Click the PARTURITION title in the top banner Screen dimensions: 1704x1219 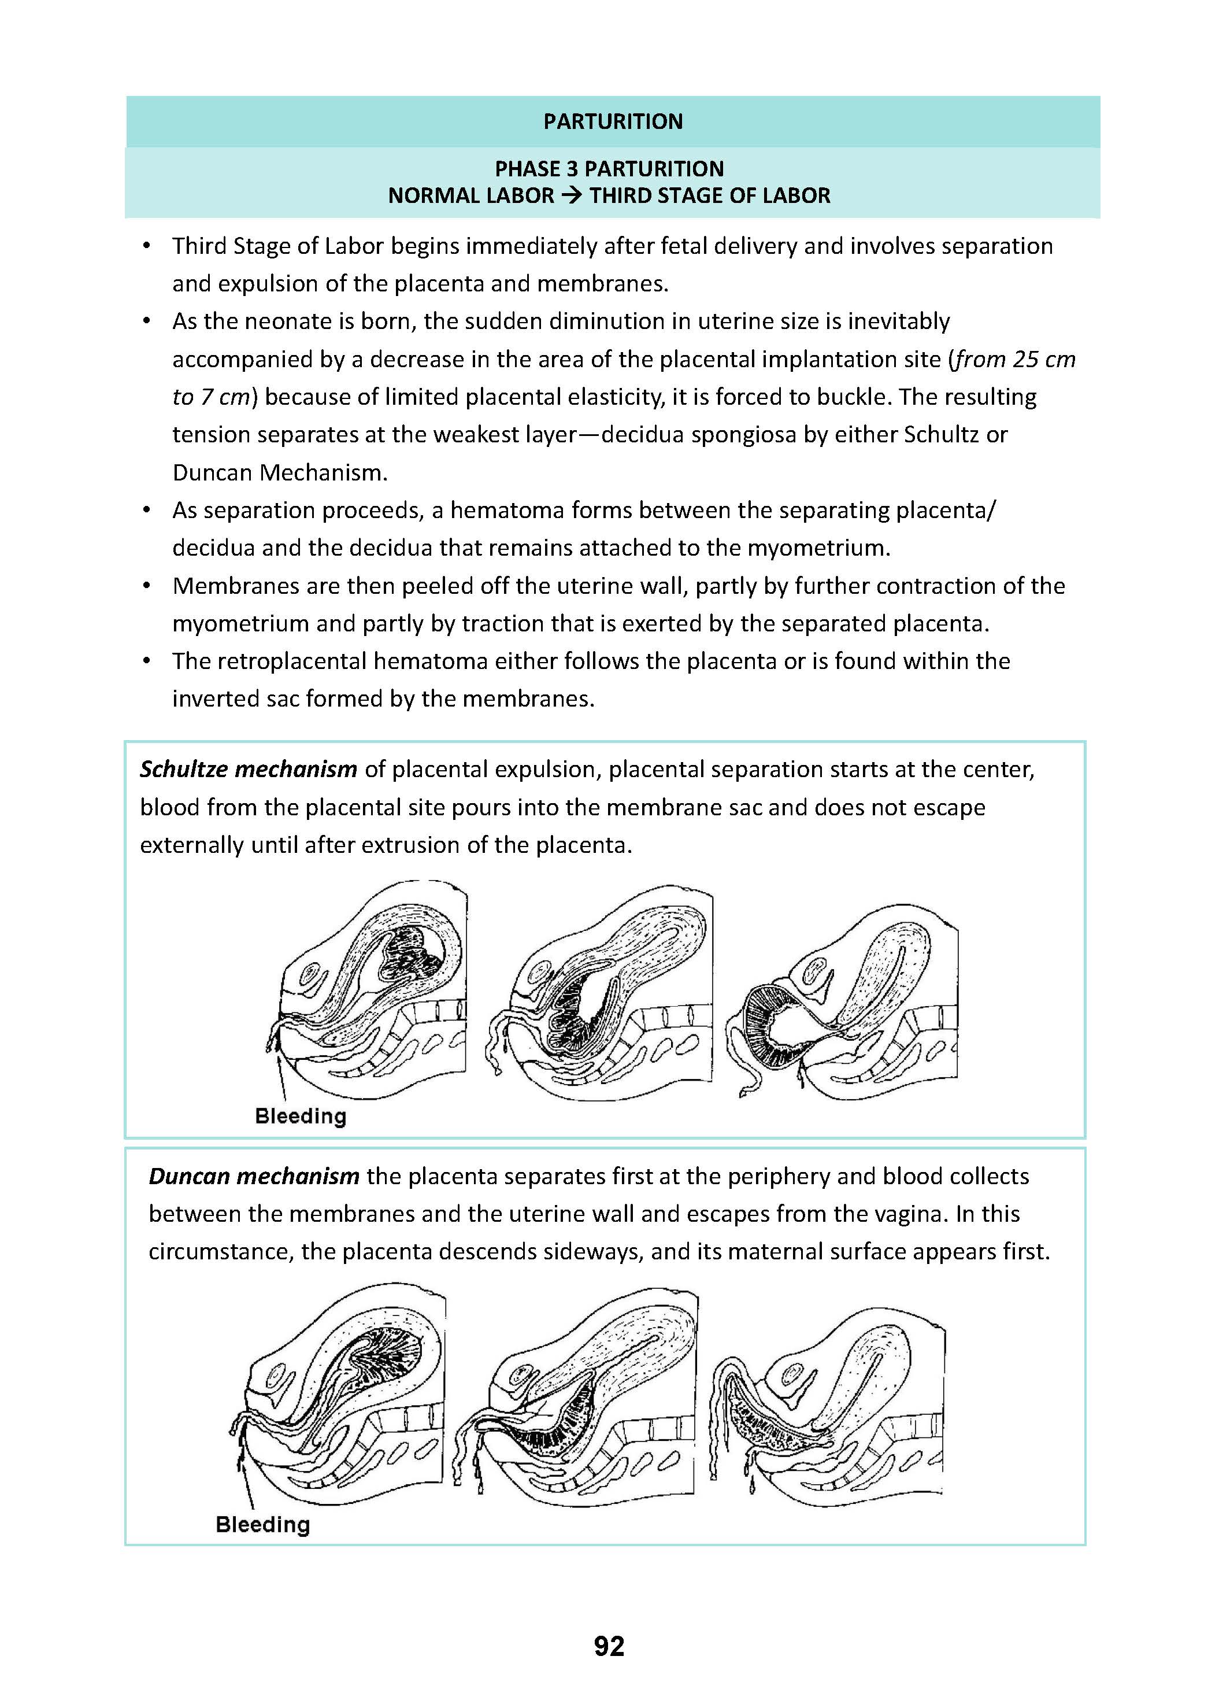613,121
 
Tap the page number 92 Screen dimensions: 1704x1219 609,1646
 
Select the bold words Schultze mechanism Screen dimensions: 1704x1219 249,769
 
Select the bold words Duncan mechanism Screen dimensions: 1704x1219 254,1176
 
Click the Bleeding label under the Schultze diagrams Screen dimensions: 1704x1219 300,1116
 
